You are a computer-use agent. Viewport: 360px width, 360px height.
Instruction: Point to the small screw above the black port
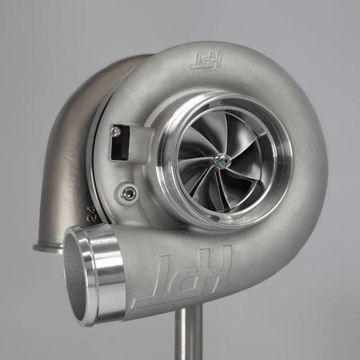pos(116,130)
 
